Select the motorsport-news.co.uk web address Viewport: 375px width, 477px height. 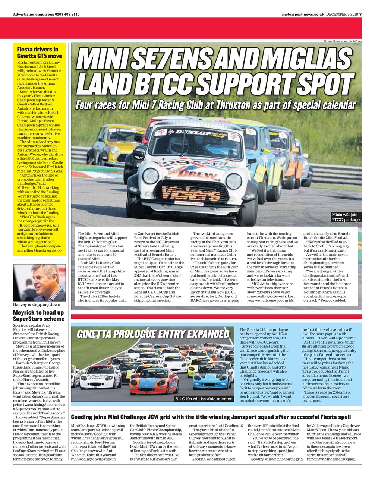[x=303, y=14]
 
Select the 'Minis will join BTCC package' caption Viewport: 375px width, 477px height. [x=346, y=217]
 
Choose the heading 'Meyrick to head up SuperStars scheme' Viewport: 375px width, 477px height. [x=39, y=316]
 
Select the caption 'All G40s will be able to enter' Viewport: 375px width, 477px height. [x=203, y=399]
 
